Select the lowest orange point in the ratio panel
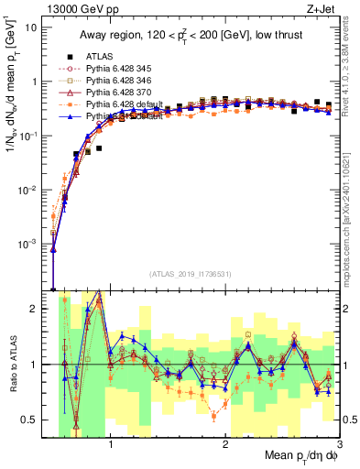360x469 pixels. tap(214, 416)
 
